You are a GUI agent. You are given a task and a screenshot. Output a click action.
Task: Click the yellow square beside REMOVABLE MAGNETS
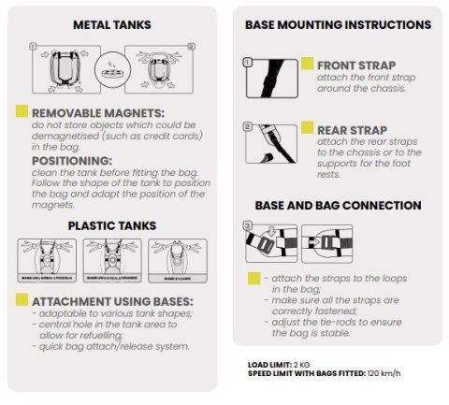22,111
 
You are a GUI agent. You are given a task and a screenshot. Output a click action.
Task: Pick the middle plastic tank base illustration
111,261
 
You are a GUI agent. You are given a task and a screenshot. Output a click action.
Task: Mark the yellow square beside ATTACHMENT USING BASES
22,301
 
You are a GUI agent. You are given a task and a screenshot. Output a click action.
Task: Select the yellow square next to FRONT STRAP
307,65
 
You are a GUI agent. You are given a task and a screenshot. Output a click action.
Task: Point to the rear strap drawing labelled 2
270,143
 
